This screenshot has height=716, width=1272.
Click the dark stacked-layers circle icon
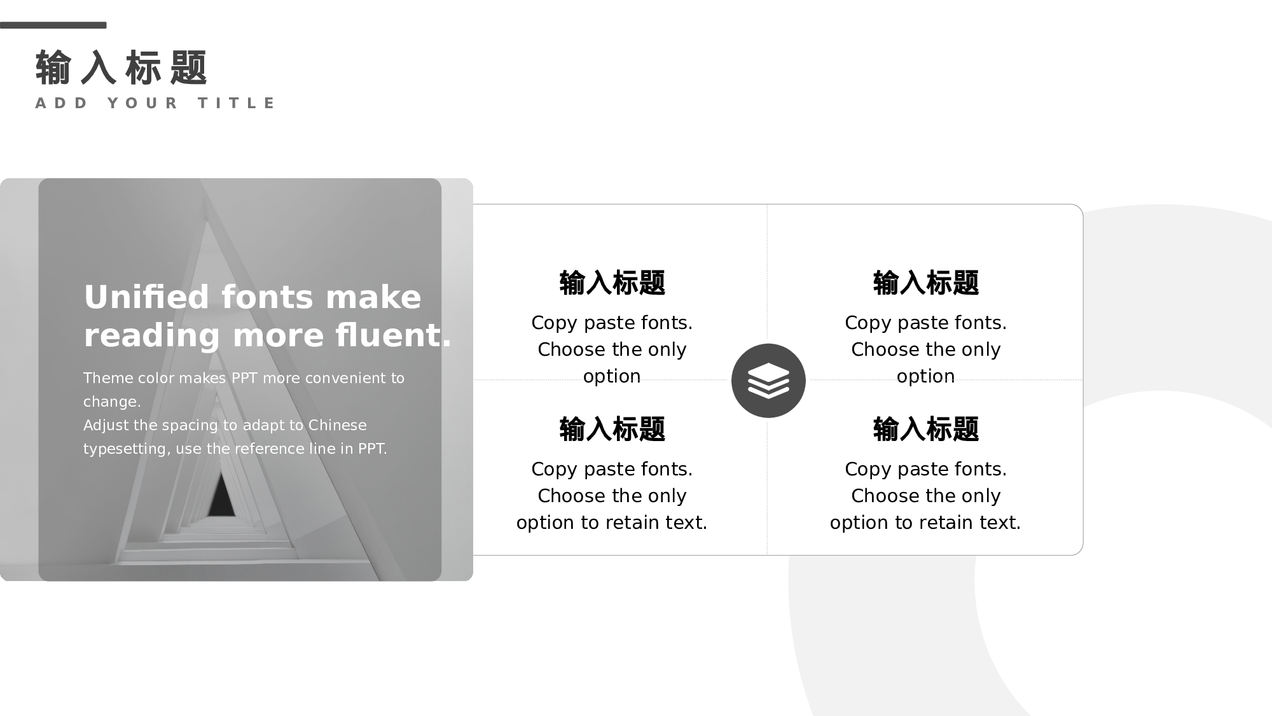point(768,381)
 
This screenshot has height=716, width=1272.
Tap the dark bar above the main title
point(53,25)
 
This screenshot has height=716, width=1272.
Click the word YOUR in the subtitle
point(143,103)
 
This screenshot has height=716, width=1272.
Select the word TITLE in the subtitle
point(237,103)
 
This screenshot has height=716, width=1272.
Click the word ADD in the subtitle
point(62,103)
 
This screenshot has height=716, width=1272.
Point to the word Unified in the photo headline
point(146,297)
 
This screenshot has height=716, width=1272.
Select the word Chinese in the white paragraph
point(337,425)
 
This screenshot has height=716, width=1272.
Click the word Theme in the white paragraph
point(107,378)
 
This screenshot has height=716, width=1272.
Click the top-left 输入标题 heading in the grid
point(612,283)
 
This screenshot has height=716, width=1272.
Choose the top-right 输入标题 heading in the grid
point(925,283)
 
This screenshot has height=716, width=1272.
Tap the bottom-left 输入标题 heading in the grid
point(612,429)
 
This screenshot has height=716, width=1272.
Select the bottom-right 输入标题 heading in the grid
point(925,429)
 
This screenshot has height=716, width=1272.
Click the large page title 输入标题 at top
point(121,67)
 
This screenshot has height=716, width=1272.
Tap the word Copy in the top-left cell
point(554,323)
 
